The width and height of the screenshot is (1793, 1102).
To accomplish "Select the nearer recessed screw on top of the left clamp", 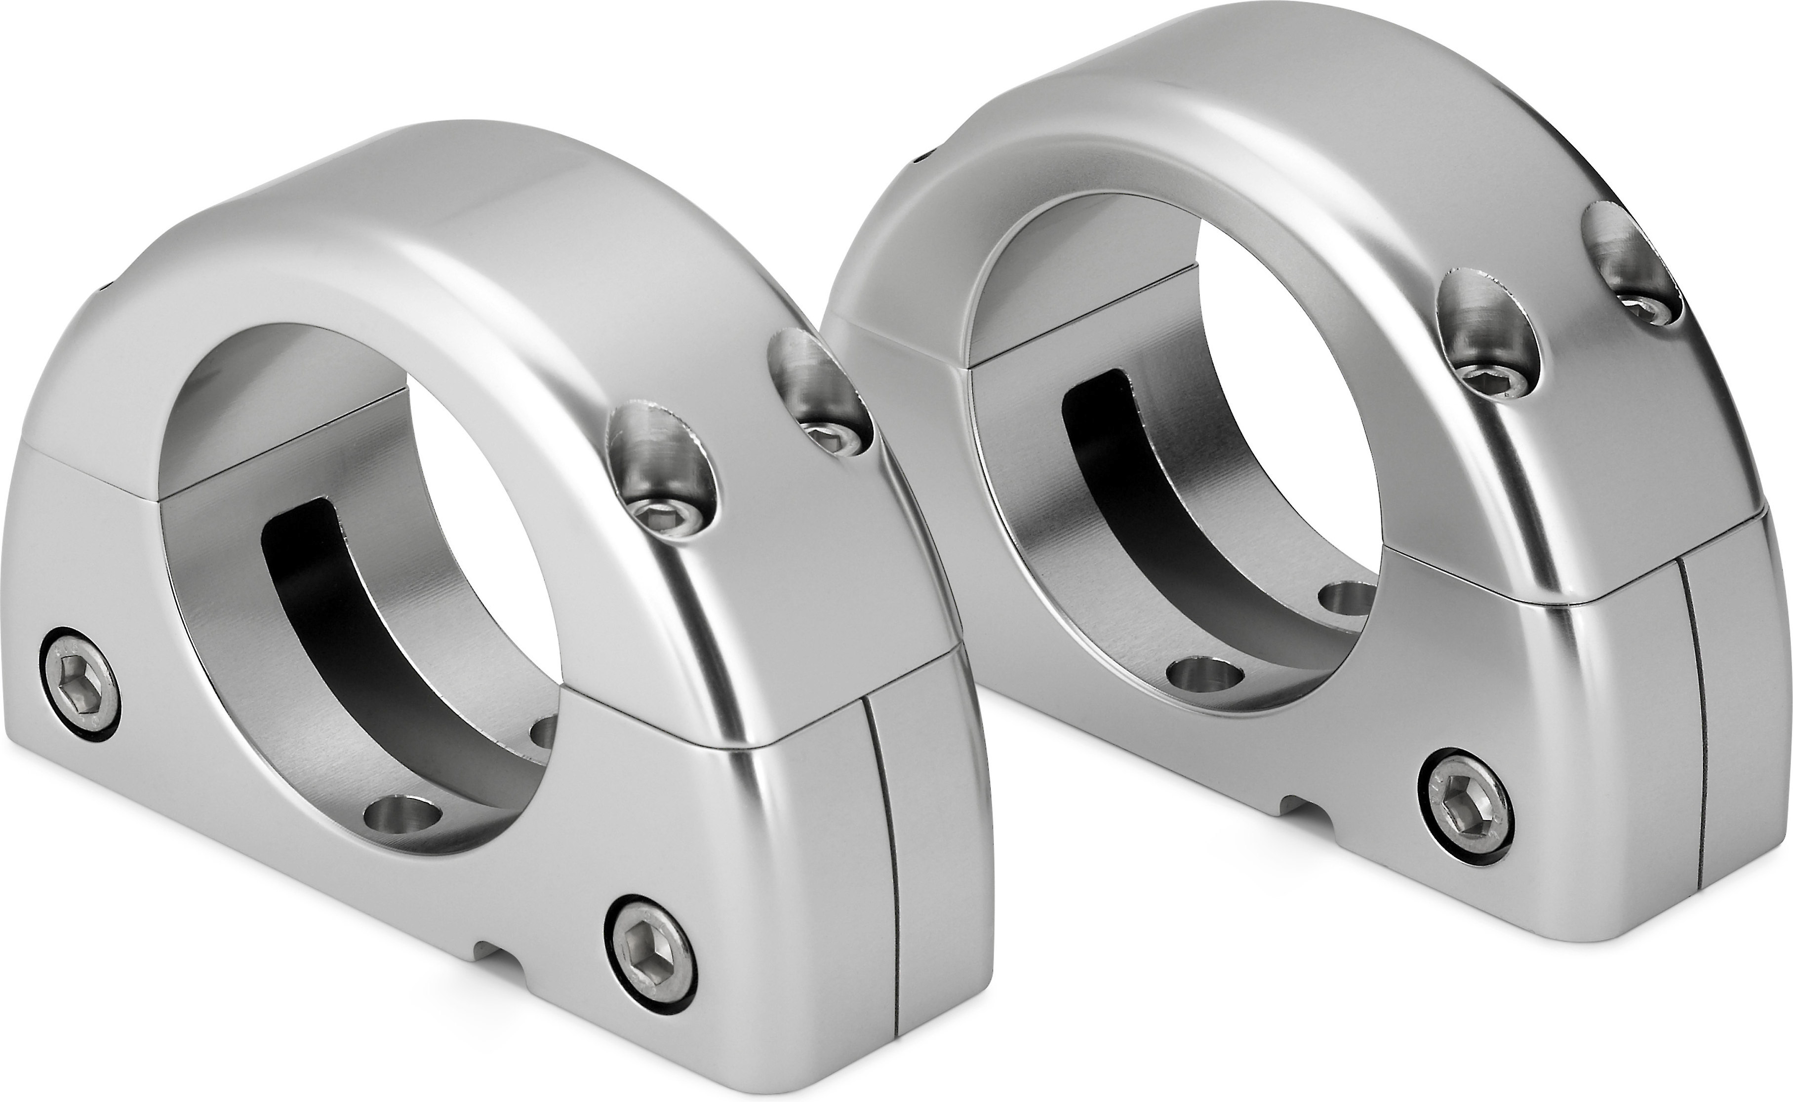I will click(x=662, y=515).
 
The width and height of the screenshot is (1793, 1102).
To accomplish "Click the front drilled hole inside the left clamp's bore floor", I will click(x=405, y=810).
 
